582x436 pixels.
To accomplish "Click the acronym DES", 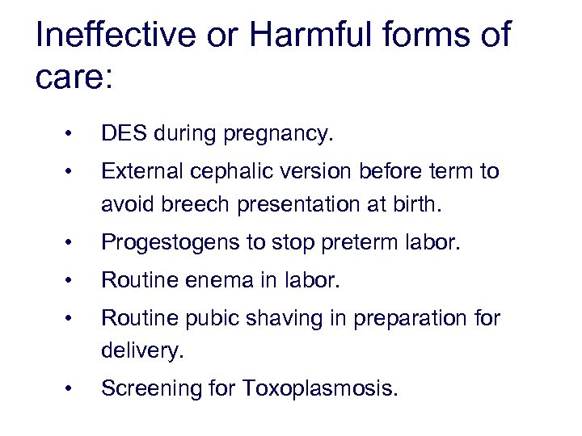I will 122,134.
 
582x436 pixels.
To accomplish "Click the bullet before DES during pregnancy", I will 71,134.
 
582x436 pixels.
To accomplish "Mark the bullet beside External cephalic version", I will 71,171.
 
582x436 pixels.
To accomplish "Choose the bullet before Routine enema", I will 71,281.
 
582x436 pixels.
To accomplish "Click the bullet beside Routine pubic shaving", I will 71,318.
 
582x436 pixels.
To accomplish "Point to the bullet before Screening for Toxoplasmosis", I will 71,389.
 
